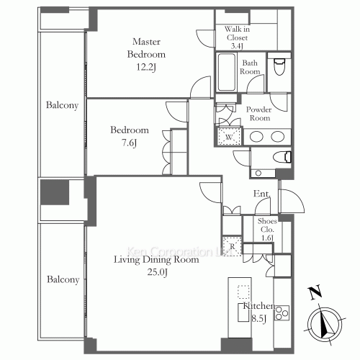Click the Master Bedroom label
click(146, 48)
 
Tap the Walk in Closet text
click(237, 33)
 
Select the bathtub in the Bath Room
click(227, 72)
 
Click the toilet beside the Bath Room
click(279, 66)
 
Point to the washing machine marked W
click(229, 137)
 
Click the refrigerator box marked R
click(232, 246)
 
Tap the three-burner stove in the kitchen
click(282, 313)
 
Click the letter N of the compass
click(315, 292)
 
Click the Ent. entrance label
click(262, 194)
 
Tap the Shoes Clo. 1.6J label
click(267, 230)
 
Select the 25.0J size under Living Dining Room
click(158, 272)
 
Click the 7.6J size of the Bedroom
click(130, 143)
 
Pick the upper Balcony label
click(62, 105)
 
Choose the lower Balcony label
click(63, 279)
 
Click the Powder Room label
click(258, 114)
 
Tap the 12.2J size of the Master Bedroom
click(146, 67)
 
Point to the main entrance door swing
click(292, 201)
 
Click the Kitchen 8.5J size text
click(259, 319)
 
